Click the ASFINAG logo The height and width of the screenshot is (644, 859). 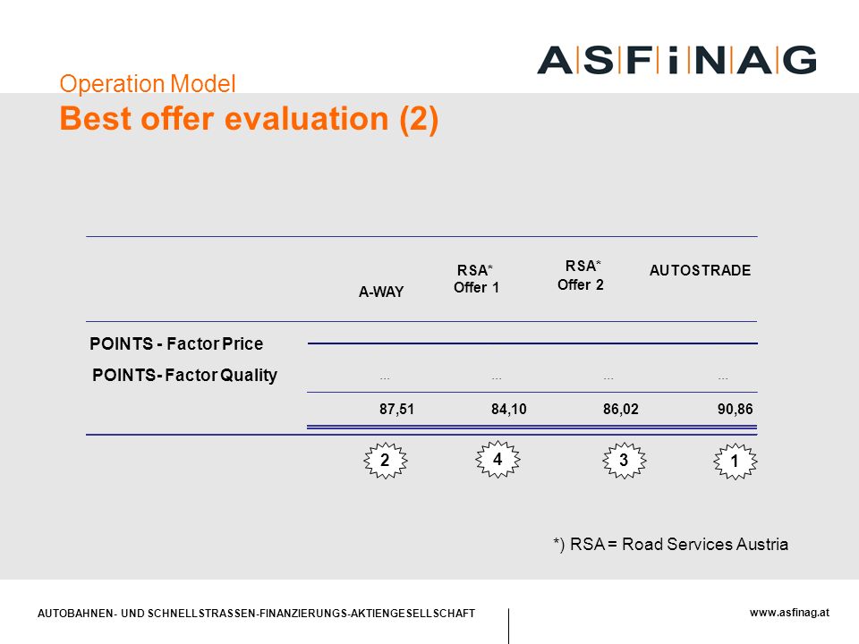[676, 60]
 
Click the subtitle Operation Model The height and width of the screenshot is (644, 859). [148, 84]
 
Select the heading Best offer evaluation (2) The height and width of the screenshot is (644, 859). [249, 119]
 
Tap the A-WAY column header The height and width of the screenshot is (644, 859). [381, 292]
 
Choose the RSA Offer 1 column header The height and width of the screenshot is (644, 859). [476, 279]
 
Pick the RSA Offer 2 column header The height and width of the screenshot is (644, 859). [581, 275]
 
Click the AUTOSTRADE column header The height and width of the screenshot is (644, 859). [700, 270]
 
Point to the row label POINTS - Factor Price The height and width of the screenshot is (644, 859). [176, 343]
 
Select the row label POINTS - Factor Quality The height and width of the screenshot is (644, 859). [184, 375]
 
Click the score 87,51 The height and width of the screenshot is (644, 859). [396, 409]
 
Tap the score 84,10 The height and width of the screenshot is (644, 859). [508, 409]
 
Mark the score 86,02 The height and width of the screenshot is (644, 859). [621, 409]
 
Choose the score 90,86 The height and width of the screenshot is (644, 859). [736, 409]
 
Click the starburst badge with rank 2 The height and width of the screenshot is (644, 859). [385, 461]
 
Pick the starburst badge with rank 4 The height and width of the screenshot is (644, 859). [498, 459]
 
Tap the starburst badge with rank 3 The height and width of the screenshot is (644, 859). [624, 461]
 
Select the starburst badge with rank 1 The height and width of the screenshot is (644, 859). [736, 462]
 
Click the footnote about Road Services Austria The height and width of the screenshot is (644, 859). [670, 545]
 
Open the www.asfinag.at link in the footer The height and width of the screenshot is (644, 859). [789, 613]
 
